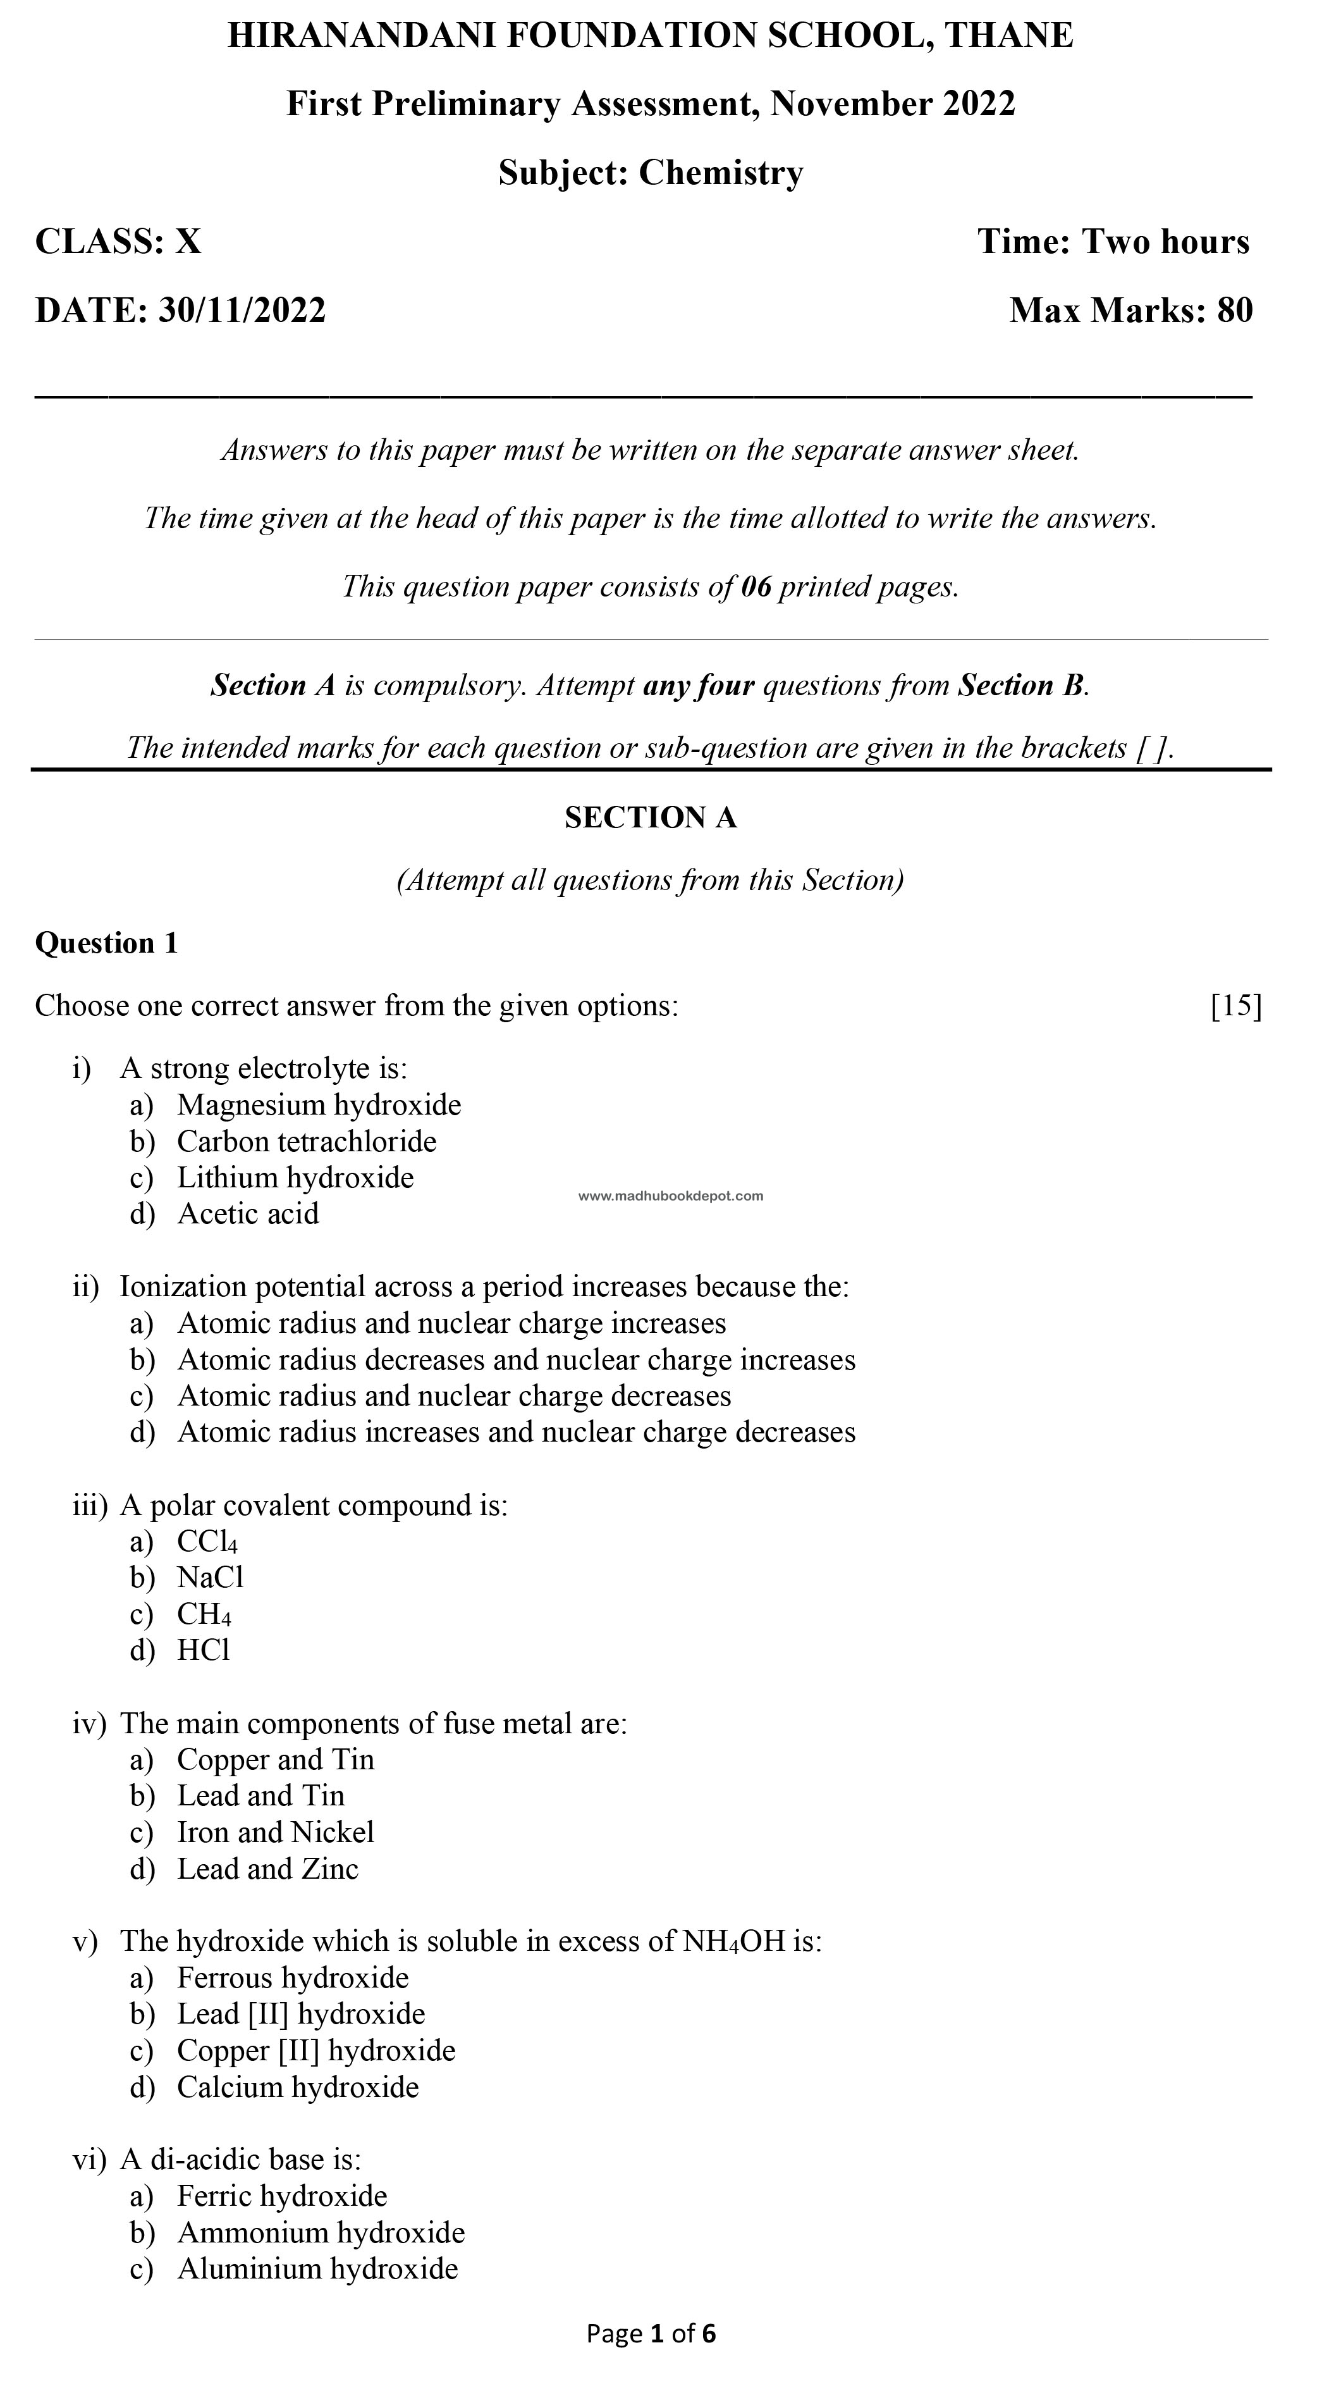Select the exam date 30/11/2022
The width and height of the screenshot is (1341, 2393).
(242, 309)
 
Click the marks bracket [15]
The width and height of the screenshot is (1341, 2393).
(1236, 1005)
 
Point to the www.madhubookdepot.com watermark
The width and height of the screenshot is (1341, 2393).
(670, 1196)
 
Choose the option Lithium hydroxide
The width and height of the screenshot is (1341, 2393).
(295, 1177)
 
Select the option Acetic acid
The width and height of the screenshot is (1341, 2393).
(248, 1213)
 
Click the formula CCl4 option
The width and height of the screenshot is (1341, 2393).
(207, 1541)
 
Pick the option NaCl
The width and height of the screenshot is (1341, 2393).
(211, 1578)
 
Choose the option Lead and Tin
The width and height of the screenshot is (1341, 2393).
(261, 1796)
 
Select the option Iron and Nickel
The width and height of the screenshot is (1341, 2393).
(276, 1832)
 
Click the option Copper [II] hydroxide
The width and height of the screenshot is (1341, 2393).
(315, 2050)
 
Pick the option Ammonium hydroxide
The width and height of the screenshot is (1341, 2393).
(321, 2232)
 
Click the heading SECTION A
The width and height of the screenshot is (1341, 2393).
(650, 817)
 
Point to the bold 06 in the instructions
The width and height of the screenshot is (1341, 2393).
(756, 586)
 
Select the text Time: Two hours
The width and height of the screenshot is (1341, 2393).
(1113, 242)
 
